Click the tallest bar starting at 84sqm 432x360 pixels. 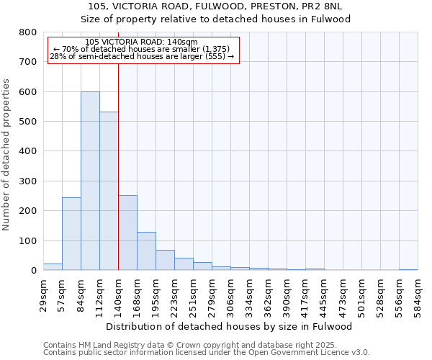pyautogui.click(x=90, y=181)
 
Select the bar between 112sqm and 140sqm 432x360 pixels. pyautogui.click(x=109, y=191)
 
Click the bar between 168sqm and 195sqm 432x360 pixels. pyautogui.click(x=146, y=251)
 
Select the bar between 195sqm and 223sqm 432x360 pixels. pyautogui.click(x=165, y=260)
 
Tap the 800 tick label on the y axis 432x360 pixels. pyautogui.click(x=27, y=32)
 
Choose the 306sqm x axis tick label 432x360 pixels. pyautogui.click(x=230, y=294)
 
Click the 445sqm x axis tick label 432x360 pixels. pyautogui.click(x=324, y=294)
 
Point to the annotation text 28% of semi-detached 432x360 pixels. pyautogui.click(x=142, y=56)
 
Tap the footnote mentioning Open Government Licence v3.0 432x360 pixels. pyautogui.click(x=207, y=352)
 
